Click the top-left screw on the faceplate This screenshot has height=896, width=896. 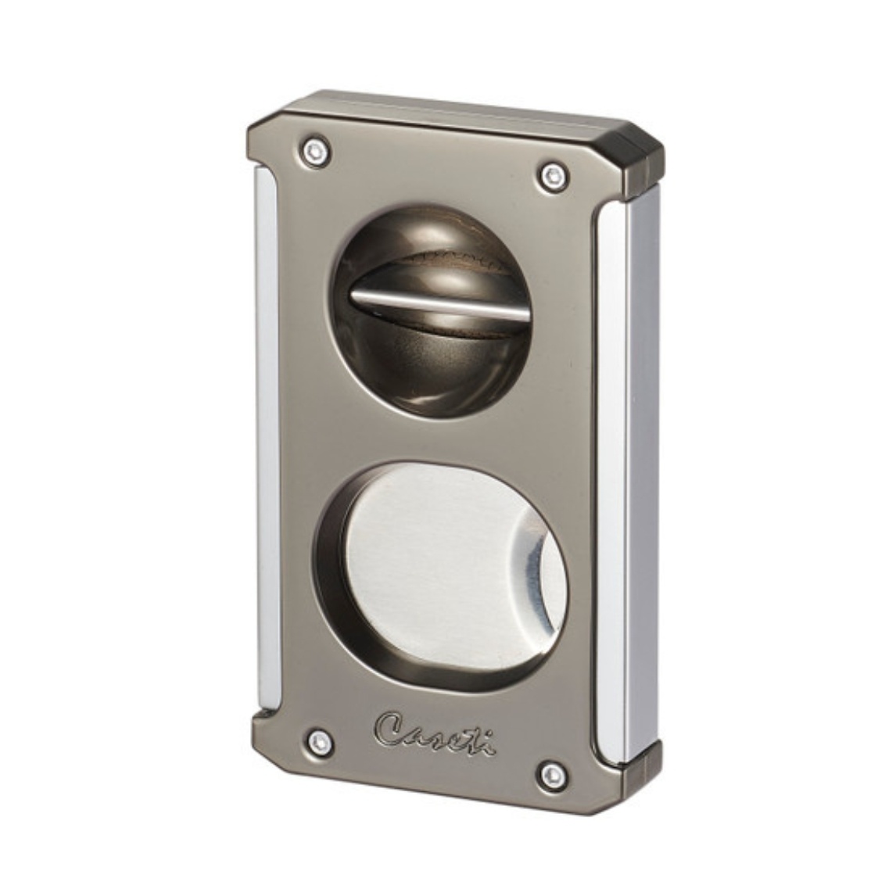point(316,150)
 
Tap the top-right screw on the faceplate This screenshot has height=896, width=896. point(554,175)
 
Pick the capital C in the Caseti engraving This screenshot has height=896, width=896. point(392,728)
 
